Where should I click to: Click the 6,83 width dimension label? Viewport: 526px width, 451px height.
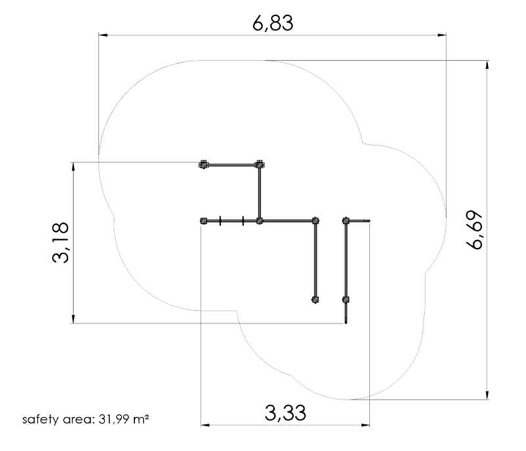click(273, 23)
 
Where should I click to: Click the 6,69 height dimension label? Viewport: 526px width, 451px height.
click(475, 230)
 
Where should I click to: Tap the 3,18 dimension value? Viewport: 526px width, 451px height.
click(60, 242)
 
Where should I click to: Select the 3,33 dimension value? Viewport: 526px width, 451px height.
click(285, 413)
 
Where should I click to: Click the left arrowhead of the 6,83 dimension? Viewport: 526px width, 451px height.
click(103, 35)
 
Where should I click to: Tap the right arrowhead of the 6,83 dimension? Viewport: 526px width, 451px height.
click(442, 35)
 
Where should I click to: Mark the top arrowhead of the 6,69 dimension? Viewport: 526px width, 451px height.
click(487, 64)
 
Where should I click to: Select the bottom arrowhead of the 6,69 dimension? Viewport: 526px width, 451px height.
click(487, 395)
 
